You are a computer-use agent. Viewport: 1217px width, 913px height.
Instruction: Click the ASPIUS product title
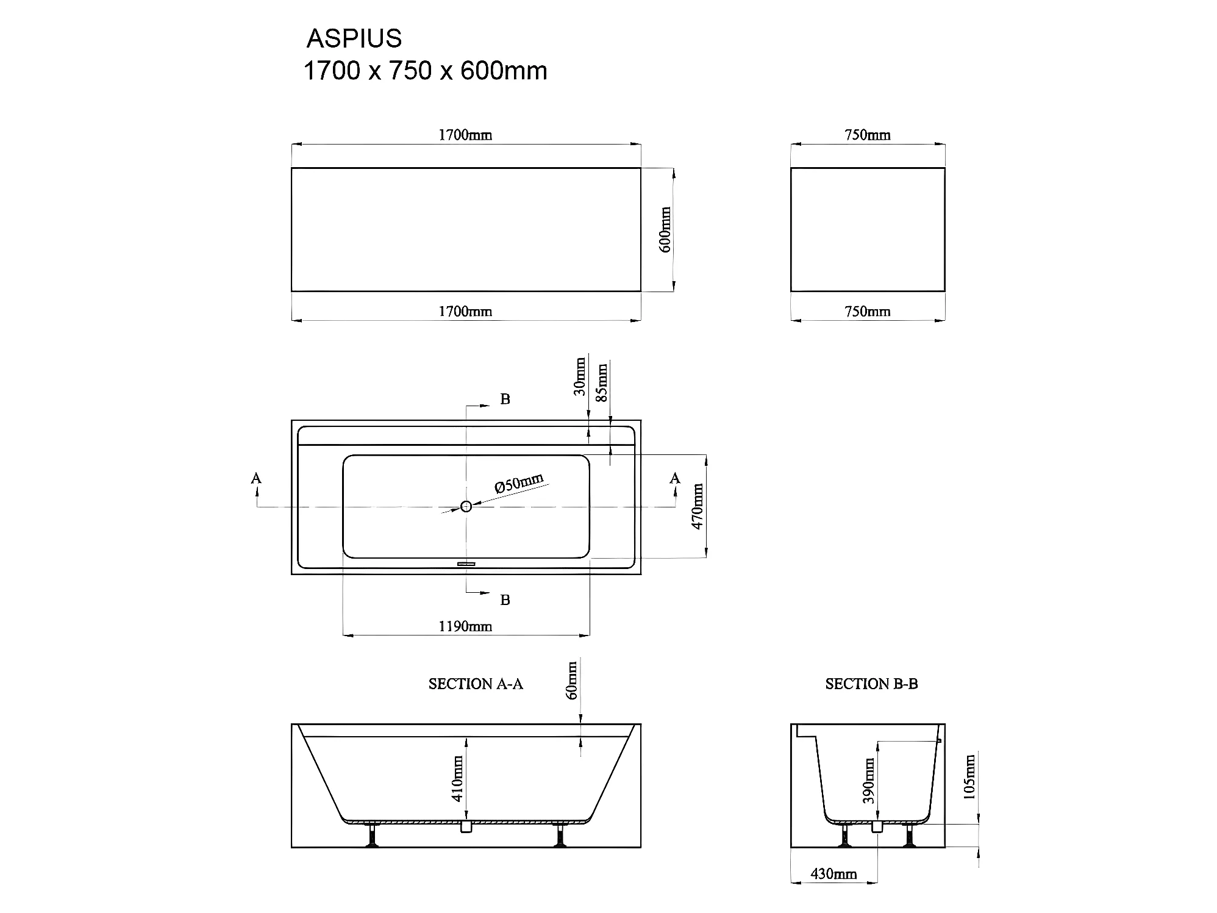click(354, 38)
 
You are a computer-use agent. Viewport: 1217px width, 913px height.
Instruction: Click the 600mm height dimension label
click(665, 229)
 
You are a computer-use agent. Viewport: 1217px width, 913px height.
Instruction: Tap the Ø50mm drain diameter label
click(519, 483)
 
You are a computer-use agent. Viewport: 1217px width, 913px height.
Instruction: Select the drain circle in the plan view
click(466, 506)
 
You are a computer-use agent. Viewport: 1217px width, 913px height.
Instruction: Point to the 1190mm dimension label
click(465, 626)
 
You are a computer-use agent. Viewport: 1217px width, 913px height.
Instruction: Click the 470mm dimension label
click(698, 506)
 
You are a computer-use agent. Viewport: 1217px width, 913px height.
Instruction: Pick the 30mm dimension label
click(580, 377)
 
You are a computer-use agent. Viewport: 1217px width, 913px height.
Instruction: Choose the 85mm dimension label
click(602, 382)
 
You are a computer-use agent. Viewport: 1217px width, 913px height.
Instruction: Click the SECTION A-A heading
click(476, 684)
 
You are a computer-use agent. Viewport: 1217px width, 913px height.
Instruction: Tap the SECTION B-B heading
click(871, 684)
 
